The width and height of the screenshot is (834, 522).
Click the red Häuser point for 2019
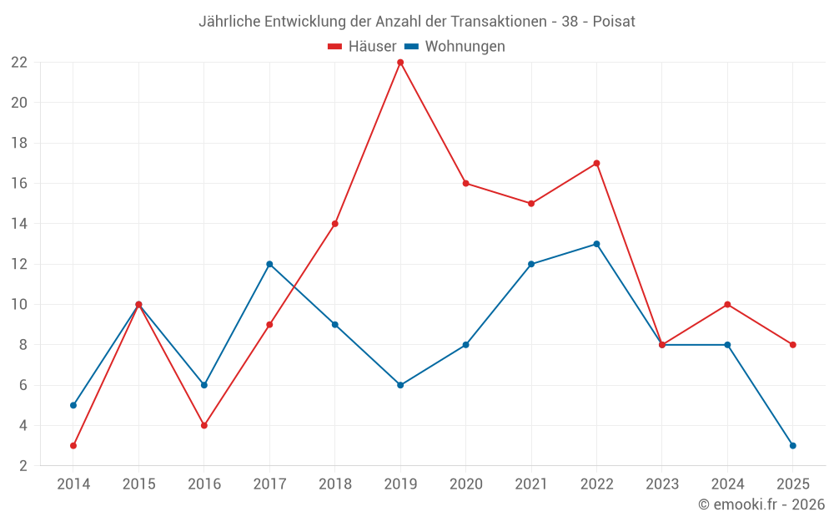coord(400,62)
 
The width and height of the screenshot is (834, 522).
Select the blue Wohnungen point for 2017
coord(269,264)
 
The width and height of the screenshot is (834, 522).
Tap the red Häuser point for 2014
coord(73,445)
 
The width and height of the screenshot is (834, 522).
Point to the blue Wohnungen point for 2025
coord(793,445)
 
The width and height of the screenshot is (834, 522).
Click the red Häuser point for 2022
coord(596,163)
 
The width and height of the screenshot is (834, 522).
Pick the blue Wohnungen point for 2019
coord(400,385)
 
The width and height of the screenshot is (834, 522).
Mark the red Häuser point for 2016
coord(204,425)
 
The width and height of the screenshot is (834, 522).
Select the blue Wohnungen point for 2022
coord(596,244)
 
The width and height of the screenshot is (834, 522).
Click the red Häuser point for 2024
coord(727,304)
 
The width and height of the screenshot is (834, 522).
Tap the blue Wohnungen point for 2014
coord(73,405)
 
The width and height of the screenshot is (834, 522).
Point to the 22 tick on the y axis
coord(19,63)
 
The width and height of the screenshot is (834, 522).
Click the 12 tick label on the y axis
coord(19,264)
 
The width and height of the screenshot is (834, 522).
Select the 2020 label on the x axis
coord(465,484)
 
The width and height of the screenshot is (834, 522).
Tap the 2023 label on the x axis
coord(662,484)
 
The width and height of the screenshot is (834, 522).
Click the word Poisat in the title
coord(614,22)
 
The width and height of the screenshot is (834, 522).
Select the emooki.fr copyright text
coord(761,504)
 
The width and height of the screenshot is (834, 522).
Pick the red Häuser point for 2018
coord(335,224)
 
